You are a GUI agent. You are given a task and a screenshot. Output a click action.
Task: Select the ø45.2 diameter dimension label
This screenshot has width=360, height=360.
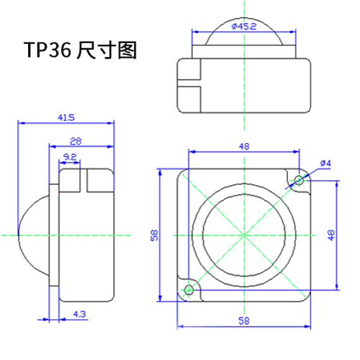coord(244,27)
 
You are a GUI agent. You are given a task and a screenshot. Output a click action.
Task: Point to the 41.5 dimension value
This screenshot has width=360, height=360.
coord(67,117)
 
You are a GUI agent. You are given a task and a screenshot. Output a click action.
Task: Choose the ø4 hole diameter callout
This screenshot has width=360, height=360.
coord(325,163)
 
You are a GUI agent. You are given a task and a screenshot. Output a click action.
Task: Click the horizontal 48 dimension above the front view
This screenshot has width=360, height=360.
coord(244,147)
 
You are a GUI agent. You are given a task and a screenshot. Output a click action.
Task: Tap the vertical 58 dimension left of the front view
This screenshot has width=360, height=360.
coord(154,235)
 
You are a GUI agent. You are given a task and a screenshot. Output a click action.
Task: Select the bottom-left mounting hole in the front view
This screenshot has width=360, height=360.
coord(189,289)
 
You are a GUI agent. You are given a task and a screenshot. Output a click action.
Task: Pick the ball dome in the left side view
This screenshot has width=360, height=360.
coord(32,235)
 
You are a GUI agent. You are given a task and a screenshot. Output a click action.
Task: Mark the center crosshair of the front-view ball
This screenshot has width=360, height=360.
coord(244,235)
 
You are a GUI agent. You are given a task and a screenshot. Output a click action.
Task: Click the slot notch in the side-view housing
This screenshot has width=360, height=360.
coord(81,180)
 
